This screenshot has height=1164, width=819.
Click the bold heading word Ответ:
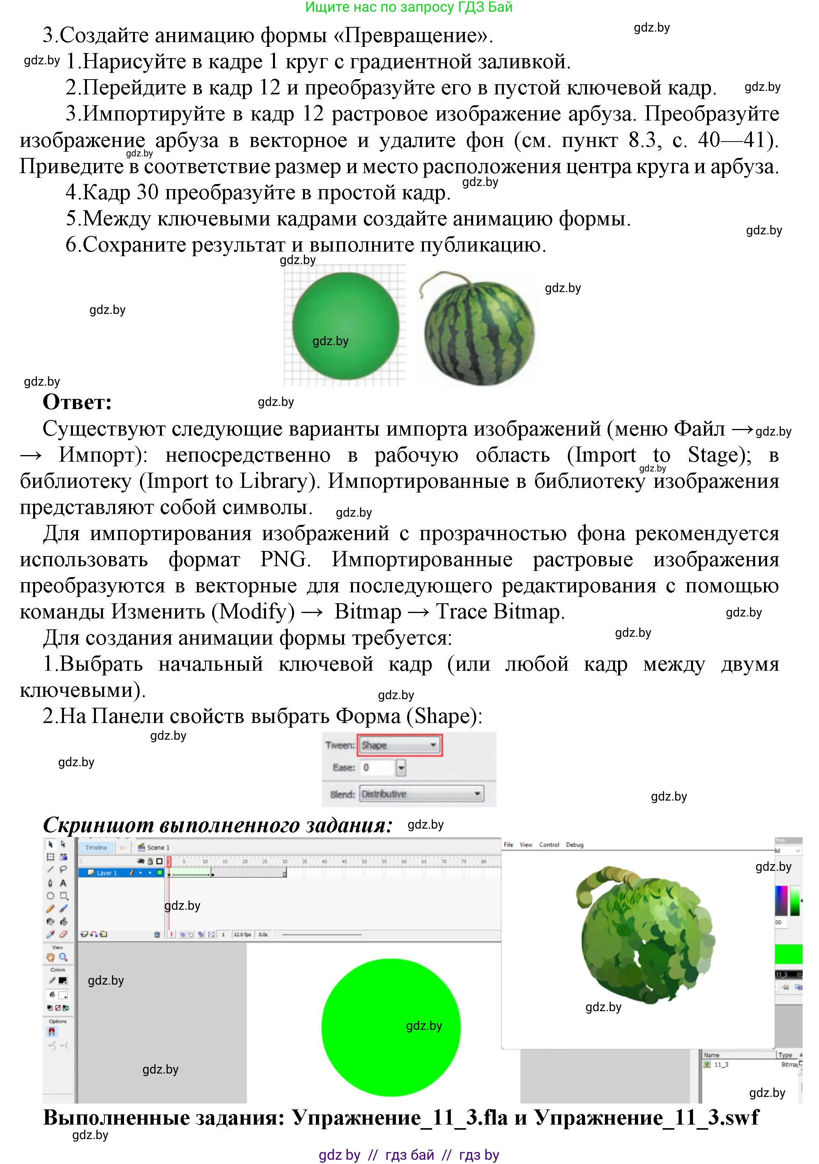pos(77,402)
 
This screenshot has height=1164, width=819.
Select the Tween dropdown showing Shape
pos(399,745)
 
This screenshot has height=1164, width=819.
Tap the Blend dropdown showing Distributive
pos(421,794)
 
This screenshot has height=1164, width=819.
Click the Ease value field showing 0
pos(378,767)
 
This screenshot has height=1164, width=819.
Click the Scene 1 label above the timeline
pos(158,848)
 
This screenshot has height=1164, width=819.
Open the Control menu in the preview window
pos(549,845)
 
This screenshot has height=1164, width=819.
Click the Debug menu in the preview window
pos(574,845)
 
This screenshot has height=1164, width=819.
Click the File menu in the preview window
pos(508,845)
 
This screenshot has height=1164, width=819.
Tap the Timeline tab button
pos(96,848)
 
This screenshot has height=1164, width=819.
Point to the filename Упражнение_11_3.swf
pos(647,1117)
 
